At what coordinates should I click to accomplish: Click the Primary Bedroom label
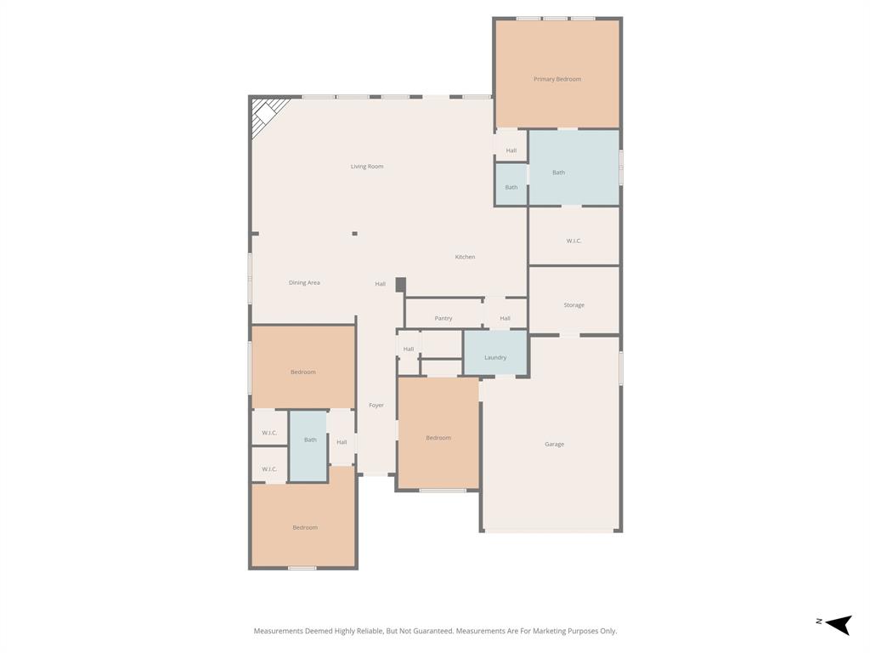coord(557,79)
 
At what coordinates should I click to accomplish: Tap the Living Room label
coord(367,167)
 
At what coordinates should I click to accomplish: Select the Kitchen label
coord(465,257)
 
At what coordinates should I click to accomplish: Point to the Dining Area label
coord(304,282)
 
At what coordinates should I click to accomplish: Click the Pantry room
coord(443,318)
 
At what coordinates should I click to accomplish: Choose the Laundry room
coord(495,357)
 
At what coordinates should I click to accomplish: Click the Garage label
coord(554,444)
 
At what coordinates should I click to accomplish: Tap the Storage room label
coord(573,304)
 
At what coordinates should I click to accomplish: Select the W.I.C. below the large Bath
coord(573,241)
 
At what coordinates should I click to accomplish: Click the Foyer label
coord(376,406)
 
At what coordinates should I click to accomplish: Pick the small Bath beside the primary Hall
coord(511,187)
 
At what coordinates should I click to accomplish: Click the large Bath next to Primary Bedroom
coord(558,173)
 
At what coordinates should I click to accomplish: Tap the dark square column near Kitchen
coord(401,285)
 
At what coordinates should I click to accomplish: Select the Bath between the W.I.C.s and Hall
coord(310,440)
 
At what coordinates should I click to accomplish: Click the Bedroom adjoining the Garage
coord(438,438)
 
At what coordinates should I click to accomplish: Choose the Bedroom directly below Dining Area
coord(303,372)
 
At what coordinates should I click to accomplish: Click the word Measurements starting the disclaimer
coord(278,631)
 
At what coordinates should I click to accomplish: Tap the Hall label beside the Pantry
coord(505,318)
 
